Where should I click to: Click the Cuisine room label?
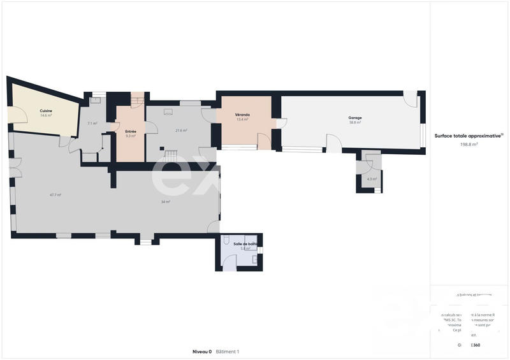[x=46, y=111]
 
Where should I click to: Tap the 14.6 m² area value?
[x=46, y=115]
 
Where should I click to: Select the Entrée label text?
[x=131, y=131]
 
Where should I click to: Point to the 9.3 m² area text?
[x=131, y=136]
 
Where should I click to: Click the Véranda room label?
[x=242, y=115]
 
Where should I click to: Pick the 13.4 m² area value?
[x=242, y=119]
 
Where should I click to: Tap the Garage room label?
[x=354, y=118]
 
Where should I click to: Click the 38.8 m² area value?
[x=354, y=122]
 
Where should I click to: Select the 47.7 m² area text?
[x=55, y=194]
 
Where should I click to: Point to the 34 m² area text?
[x=165, y=202]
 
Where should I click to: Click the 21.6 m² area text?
[x=181, y=131]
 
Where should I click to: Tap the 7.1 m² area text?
[x=92, y=124]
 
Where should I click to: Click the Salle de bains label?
[x=245, y=243]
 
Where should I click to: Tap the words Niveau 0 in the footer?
[x=201, y=351]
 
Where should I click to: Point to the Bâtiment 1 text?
[x=228, y=351]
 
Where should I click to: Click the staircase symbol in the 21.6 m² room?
[x=171, y=155]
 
